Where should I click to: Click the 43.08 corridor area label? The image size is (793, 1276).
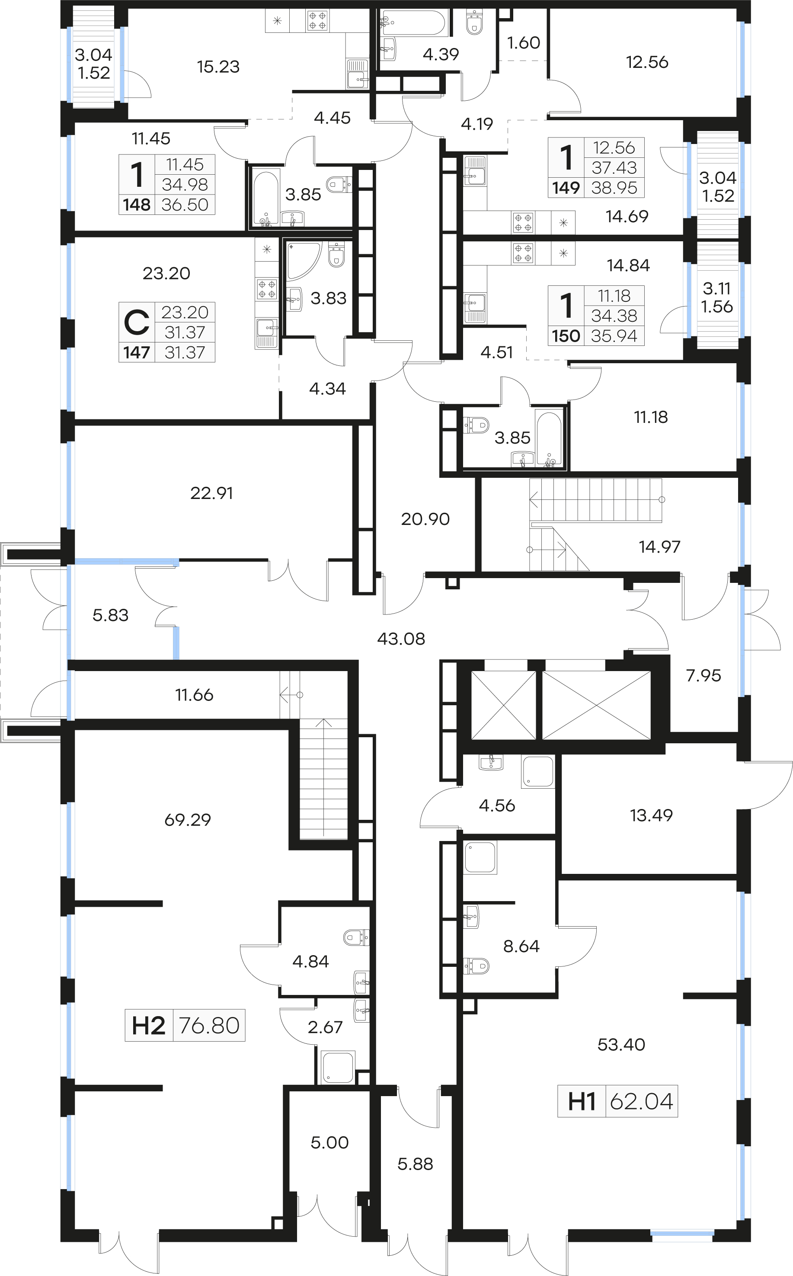[401, 639]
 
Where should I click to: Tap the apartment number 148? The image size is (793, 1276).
[137, 205]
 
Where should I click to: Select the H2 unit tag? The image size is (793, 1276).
[148, 1025]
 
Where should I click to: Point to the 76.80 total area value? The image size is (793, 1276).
[209, 1025]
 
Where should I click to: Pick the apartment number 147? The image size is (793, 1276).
[137, 352]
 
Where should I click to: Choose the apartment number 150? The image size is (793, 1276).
[566, 336]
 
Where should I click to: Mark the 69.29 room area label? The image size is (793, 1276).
[188, 820]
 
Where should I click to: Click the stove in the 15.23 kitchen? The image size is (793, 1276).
[317, 21]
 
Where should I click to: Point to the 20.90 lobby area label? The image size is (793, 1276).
[425, 519]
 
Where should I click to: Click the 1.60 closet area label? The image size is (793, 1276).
[524, 42]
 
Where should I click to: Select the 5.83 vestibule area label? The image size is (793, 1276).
[111, 615]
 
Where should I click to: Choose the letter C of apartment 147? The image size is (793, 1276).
[136, 323]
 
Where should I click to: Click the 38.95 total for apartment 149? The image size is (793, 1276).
[614, 188]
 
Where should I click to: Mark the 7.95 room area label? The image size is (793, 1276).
[703, 675]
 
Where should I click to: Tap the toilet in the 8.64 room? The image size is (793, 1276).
[476, 965]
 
